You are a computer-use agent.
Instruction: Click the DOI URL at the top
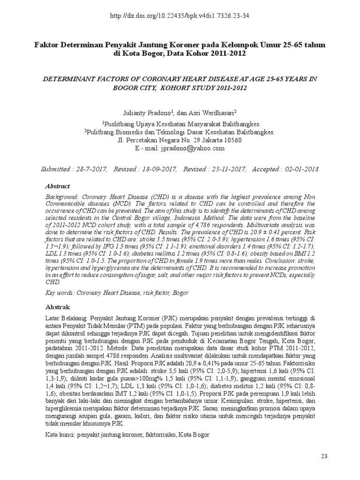point(180,15)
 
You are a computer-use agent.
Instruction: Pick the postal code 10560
point(232,140)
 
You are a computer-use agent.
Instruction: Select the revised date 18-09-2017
point(156,169)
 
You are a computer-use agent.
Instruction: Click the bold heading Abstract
point(57,186)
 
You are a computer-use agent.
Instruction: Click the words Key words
point(60,292)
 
